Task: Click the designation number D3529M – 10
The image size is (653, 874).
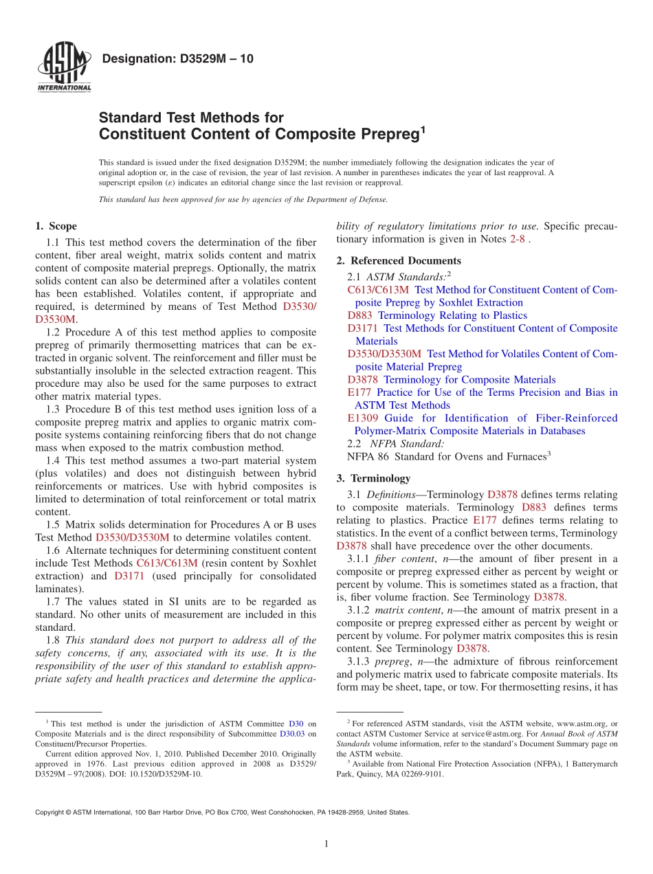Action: click(x=177, y=59)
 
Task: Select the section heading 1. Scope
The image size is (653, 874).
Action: click(x=56, y=226)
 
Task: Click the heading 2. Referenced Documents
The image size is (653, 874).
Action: click(x=399, y=260)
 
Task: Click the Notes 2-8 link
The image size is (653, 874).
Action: click(x=516, y=239)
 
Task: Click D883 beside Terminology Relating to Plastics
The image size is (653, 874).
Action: click(x=361, y=315)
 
